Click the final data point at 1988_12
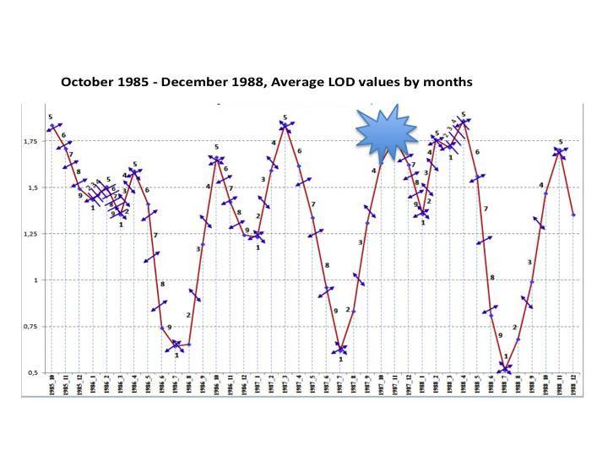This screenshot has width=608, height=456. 573,214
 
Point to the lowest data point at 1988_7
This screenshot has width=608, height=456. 504,369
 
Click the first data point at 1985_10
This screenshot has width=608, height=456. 52,127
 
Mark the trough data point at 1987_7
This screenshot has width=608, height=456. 340,350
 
